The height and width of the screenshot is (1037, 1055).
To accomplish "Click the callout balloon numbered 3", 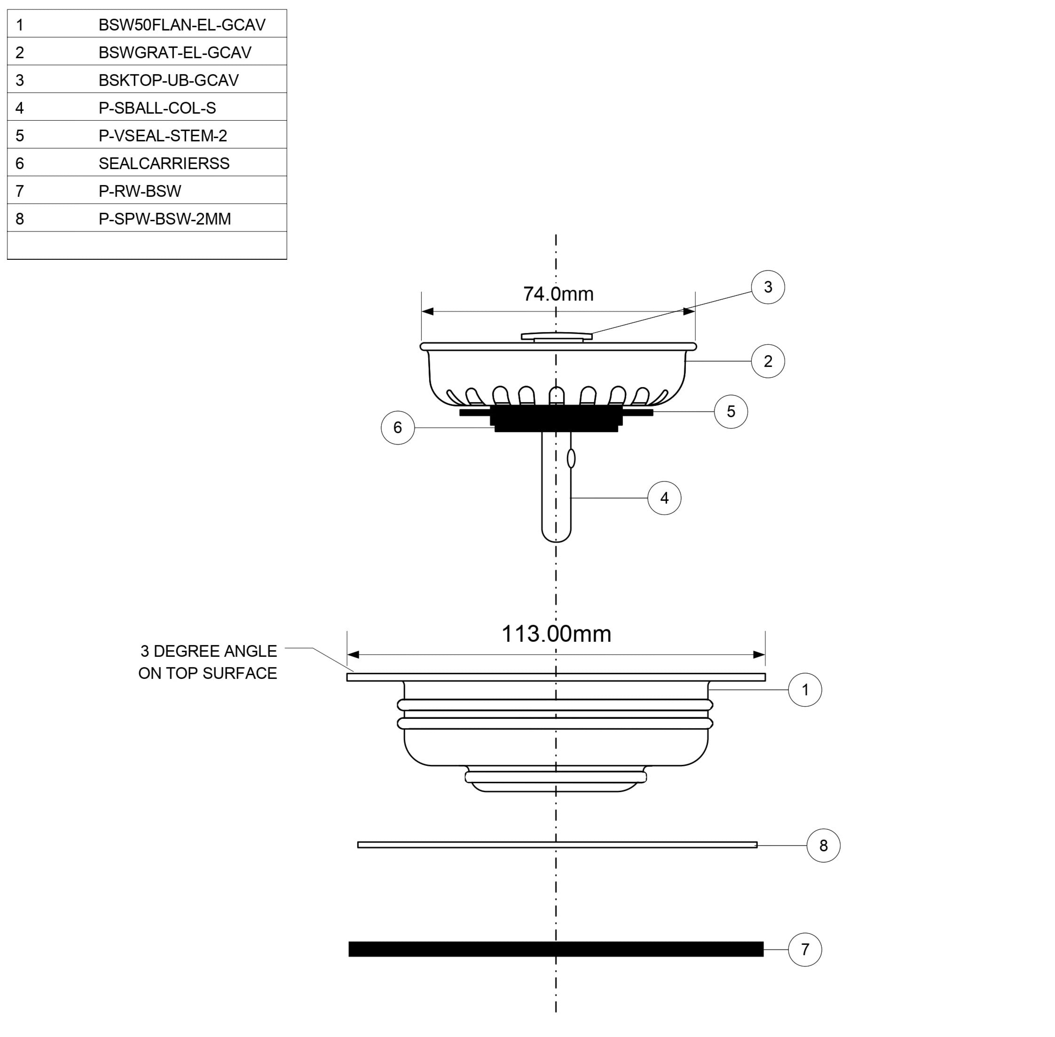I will pos(767,287).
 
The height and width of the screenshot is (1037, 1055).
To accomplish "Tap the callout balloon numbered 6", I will pos(397,428).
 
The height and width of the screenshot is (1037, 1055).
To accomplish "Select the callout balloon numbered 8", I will pos(823,845).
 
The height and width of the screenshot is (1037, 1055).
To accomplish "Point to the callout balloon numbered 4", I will pos(664,498).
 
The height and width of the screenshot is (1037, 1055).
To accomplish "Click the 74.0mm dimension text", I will pos(558,294).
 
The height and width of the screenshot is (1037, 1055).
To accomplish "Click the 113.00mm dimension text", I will pos(556,634).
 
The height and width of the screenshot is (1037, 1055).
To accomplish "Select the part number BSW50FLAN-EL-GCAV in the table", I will pos(182,25).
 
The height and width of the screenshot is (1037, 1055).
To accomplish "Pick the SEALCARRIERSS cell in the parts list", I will pos(164,164).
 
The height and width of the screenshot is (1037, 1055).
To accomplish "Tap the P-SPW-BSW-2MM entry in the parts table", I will pos(165,219).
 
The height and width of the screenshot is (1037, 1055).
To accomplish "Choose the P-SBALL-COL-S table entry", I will pos(157,109).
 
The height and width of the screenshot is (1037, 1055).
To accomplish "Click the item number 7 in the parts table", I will pos(20,191).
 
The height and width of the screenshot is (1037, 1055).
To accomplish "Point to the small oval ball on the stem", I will pos(571,459).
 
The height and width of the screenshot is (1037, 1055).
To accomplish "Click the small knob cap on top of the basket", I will pos(556,336).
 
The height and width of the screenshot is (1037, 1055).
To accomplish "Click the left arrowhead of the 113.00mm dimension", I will pos(353,655).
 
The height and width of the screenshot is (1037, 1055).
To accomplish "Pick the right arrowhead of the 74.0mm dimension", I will pos(689,312).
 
